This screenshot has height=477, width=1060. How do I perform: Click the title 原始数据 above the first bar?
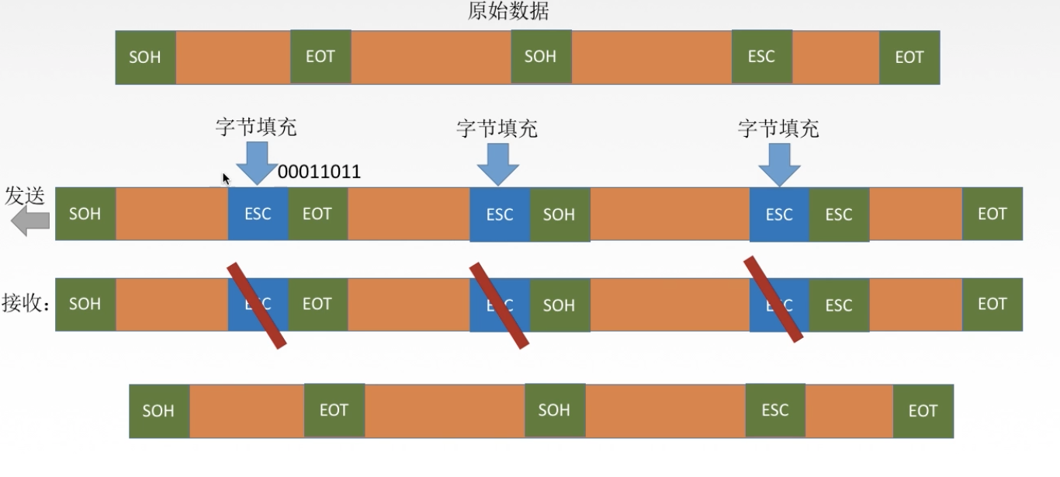[x=509, y=12]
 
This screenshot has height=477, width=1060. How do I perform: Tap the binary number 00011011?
[x=319, y=172]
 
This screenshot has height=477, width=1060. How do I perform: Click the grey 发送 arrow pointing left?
[x=30, y=223]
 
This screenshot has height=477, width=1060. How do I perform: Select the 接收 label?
[x=26, y=304]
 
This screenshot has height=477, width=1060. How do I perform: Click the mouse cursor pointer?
[x=226, y=179]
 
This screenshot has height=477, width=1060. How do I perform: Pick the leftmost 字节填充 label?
[x=255, y=127]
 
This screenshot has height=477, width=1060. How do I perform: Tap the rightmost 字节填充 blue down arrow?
[x=778, y=164]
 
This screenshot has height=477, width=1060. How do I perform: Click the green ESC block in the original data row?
[x=761, y=57]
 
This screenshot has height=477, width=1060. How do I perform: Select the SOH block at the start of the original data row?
[x=145, y=57]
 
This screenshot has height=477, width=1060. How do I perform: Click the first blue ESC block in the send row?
[x=258, y=214]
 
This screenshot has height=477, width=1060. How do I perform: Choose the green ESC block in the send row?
[x=839, y=214]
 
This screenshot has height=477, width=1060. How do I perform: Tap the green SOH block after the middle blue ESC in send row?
[x=559, y=214]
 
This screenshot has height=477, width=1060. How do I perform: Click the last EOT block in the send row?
[x=992, y=214]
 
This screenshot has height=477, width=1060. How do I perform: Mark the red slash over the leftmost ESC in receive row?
[x=256, y=305]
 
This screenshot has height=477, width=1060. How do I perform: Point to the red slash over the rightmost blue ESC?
[x=774, y=299]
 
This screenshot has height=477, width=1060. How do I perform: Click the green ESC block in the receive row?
[x=839, y=305]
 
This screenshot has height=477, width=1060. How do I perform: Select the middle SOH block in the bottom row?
[x=554, y=410]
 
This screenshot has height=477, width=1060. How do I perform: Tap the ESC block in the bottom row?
[x=775, y=410]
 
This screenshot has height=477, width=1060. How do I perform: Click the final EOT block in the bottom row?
[x=923, y=411]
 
